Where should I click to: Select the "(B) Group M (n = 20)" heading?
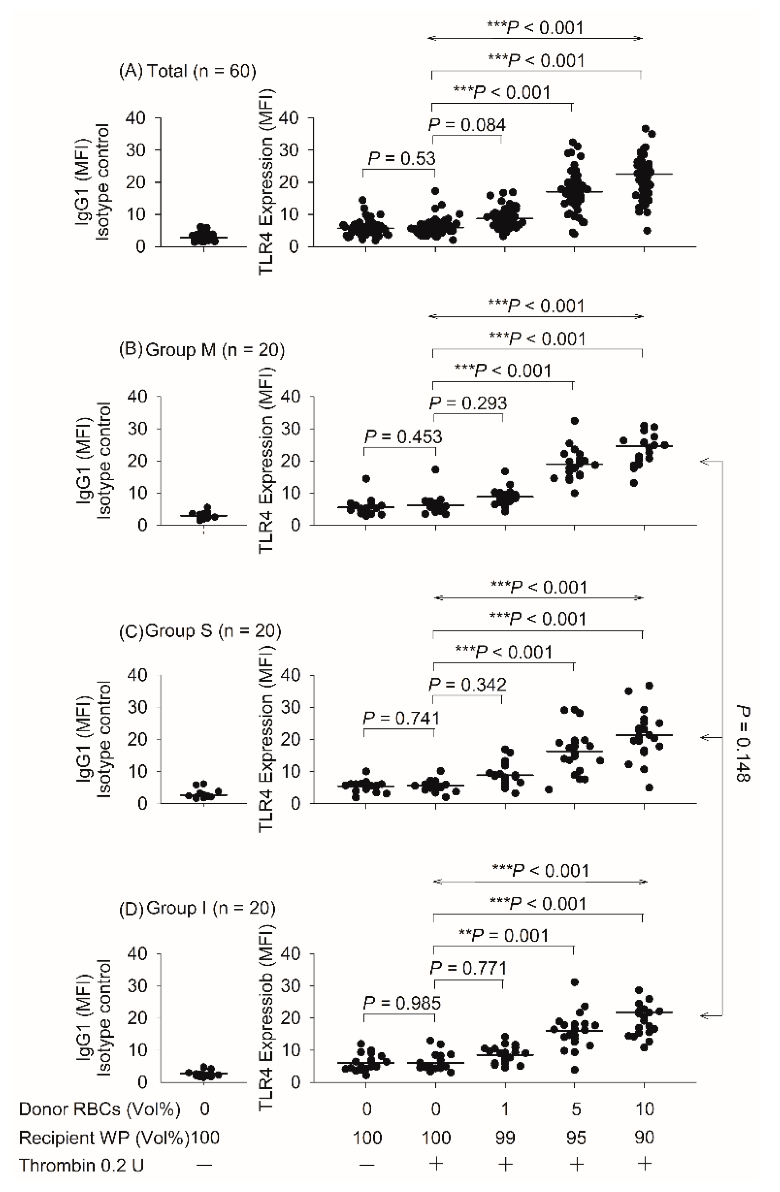201,349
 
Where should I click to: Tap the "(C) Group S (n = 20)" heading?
200,631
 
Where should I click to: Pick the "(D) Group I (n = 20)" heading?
197,908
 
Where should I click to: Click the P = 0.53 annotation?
402,159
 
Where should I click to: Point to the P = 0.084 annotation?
467,125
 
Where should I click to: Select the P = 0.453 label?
403,437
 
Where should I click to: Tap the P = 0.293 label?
468,403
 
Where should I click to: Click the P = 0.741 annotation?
401,719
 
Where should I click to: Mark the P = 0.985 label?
402,1003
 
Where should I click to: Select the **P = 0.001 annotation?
504,936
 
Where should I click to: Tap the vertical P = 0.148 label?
742,744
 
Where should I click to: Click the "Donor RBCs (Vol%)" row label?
99,1110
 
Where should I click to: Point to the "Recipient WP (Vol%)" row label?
104,1138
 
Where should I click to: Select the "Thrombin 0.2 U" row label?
81,1165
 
